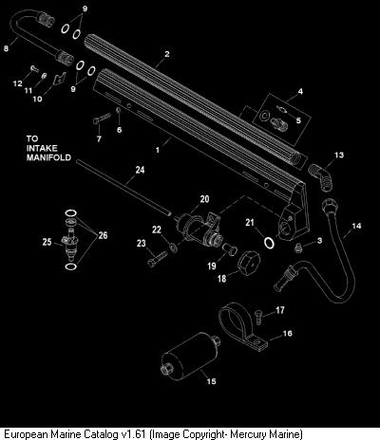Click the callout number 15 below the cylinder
[211, 381]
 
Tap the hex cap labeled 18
[249, 264]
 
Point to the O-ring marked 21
[270, 243]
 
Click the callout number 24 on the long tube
[140, 170]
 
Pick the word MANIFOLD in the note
[48, 157]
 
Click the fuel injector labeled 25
[70, 241]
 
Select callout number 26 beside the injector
[103, 235]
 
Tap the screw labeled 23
[158, 258]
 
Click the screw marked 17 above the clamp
[258, 317]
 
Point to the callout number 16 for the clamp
[288, 333]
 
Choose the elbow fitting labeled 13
[320, 176]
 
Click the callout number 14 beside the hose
[356, 226]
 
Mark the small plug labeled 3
[298, 247]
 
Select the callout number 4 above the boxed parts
[300, 91]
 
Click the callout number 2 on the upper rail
[167, 54]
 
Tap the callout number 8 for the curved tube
[6, 48]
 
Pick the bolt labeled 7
[103, 119]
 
